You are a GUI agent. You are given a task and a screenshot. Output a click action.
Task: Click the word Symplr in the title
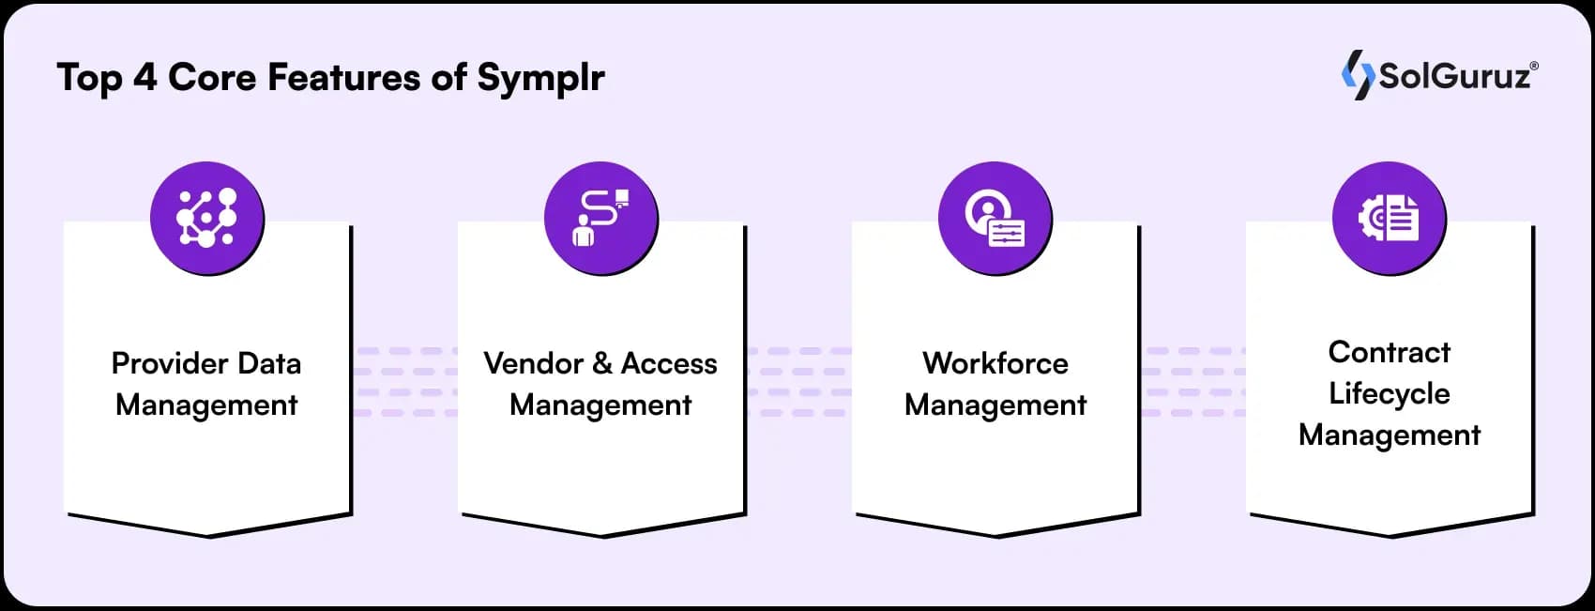pyautogui.click(x=540, y=78)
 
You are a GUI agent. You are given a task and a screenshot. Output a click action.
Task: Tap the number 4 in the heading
pyautogui.click(x=144, y=77)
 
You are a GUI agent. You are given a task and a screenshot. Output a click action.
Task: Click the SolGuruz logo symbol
pyautogui.click(x=1358, y=74)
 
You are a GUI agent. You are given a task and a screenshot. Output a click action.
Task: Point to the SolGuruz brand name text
pyautogui.click(x=1455, y=76)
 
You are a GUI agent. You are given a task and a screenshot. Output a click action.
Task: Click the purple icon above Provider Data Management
pyautogui.click(x=206, y=218)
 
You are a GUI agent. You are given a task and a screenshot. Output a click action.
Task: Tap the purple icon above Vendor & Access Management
pyautogui.click(x=600, y=218)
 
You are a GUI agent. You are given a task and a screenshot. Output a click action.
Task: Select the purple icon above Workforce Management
pyautogui.click(x=995, y=218)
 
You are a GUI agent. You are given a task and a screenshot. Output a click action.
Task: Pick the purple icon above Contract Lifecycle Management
pyautogui.click(x=1389, y=218)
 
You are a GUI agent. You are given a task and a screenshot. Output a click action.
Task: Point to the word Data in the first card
pyautogui.click(x=269, y=363)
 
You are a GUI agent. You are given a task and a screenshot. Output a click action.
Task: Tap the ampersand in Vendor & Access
pyautogui.click(x=602, y=363)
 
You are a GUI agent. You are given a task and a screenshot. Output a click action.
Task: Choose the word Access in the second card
pyautogui.click(x=669, y=363)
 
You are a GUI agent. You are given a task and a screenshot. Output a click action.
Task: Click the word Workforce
pyautogui.click(x=995, y=363)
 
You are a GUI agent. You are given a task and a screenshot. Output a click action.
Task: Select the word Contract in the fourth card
pyautogui.click(x=1390, y=352)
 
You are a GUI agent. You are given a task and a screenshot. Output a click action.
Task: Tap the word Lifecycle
pyautogui.click(x=1390, y=393)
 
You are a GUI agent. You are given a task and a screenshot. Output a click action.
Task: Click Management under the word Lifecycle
pyautogui.click(x=1390, y=435)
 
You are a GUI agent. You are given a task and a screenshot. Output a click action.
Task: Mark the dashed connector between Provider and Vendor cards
pyautogui.click(x=404, y=382)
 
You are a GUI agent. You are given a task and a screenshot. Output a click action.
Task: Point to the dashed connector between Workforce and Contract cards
pyautogui.click(x=1192, y=382)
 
